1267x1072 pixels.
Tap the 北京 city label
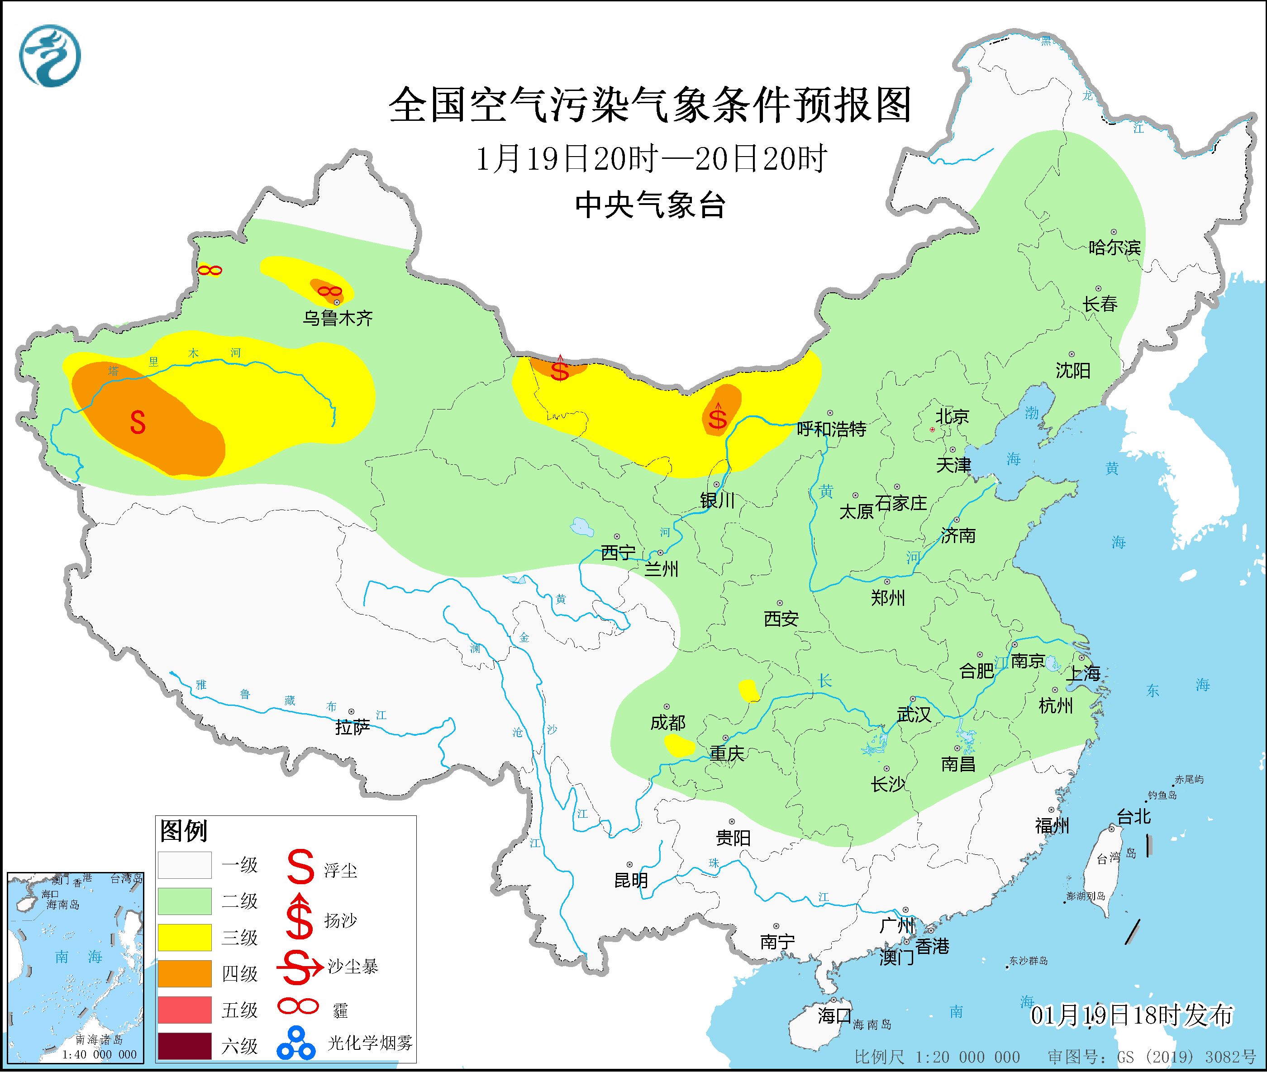(x=952, y=417)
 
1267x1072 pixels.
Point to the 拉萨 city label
(x=352, y=728)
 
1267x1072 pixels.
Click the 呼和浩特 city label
(x=831, y=429)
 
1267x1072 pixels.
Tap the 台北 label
(x=1134, y=816)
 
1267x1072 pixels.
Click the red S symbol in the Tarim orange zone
(x=138, y=422)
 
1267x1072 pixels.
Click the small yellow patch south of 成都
(x=679, y=745)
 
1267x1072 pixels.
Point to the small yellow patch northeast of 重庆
(x=749, y=691)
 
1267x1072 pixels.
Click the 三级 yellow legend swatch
(x=185, y=938)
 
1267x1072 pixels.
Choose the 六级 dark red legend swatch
(x=185, y=1046)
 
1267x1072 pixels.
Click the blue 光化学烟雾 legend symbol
(x=296, y=1043)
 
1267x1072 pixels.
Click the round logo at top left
(x=50, y=56)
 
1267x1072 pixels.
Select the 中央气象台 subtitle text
(x=650, y=205)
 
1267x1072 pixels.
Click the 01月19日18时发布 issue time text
(x=1132, y=1015)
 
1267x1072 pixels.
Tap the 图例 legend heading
(x=184, y=831)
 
